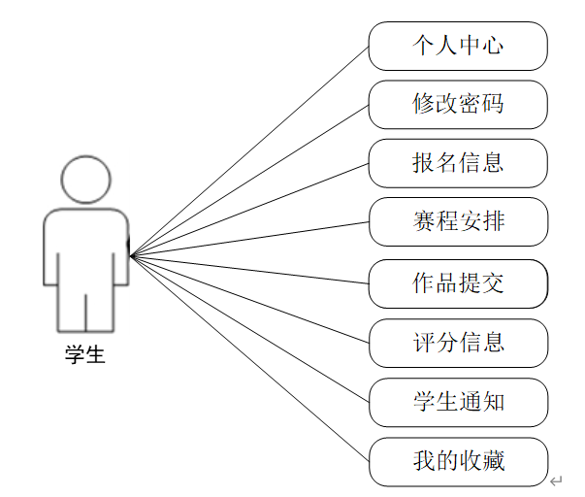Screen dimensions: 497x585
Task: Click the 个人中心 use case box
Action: tap(458, 46)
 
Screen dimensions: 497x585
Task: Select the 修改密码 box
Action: tap(458, 104)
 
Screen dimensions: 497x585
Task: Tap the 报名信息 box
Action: tap(458, 163)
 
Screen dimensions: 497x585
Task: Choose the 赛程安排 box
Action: tap(458, 221)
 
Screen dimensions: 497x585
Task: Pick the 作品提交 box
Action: tap(458, 283)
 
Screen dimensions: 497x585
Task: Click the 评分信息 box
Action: tap(458, 343)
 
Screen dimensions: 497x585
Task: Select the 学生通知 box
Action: tap(458, 402)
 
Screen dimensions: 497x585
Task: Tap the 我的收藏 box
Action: tap(458, 461)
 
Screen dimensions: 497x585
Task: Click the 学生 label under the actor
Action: tap(85, 355)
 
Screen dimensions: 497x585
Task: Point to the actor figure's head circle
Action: tap(85, 179)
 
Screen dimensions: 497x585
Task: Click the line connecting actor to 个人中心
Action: tap(249, 150)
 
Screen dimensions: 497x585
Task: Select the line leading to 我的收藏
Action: tap(249, 358)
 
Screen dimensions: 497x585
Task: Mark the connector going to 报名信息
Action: tap(249, 210)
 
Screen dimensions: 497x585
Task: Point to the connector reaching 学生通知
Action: tap(249, 329)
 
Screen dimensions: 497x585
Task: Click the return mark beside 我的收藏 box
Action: tap(556, 481)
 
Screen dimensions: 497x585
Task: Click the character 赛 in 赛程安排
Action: tap(423, 221)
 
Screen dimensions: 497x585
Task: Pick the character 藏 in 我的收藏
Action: tap(493, 461)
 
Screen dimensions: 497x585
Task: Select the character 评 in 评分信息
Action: tap(423, 343)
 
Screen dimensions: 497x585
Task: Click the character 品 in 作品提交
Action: tap(446, 283)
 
